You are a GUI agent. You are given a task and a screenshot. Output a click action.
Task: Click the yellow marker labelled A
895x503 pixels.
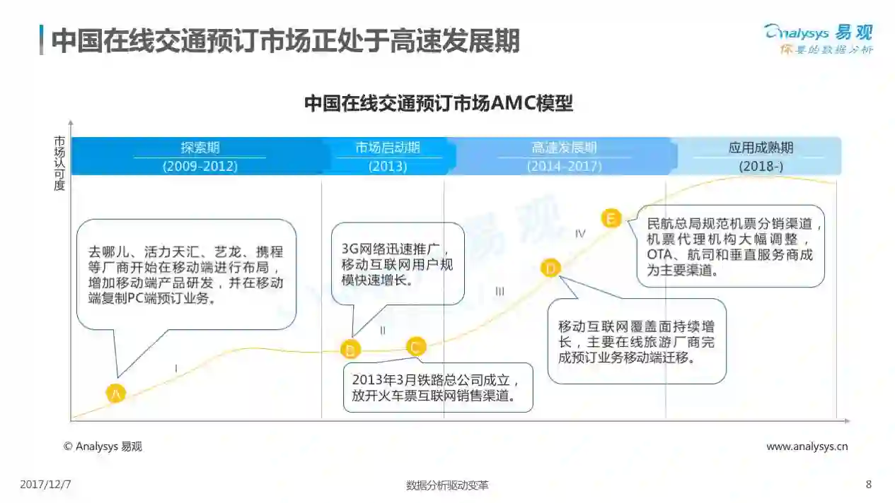[115, 393]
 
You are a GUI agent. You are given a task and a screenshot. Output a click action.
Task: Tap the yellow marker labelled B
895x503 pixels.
[350, 348]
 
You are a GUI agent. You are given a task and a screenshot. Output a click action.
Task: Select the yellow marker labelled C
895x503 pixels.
[416, 346]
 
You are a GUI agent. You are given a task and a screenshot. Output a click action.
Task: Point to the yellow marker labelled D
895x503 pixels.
[550, 268]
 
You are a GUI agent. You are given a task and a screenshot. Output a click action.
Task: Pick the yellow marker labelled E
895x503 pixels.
[611, 218]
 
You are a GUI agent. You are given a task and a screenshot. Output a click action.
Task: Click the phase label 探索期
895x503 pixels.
[200, 148]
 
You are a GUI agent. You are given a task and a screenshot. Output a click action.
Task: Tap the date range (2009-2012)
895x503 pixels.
[200, 167]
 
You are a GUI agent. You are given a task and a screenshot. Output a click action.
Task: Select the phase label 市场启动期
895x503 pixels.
[388, 148]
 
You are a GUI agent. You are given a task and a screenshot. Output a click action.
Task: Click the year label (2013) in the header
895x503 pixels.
[388, 167]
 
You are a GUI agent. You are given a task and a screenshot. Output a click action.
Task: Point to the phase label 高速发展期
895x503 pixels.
[564, 148]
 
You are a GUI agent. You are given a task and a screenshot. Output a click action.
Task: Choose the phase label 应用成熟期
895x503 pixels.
[761, 148]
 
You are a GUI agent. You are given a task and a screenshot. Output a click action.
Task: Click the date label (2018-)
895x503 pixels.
[761, 167]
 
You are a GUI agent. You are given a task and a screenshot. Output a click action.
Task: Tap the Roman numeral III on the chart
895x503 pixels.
[500, 291]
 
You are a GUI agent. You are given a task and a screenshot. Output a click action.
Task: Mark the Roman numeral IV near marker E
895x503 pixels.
[580, 233]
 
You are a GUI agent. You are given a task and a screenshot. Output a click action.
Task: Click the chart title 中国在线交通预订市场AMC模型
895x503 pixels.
[439, 104]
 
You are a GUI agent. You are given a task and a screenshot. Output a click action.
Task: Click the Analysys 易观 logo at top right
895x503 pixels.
[819, 38]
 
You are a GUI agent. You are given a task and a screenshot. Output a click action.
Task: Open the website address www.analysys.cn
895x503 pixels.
[807, 446]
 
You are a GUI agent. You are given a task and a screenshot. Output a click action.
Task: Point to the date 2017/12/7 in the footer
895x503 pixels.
[45, 485]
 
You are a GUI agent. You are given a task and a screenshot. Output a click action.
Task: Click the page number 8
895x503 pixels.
[869, 485]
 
